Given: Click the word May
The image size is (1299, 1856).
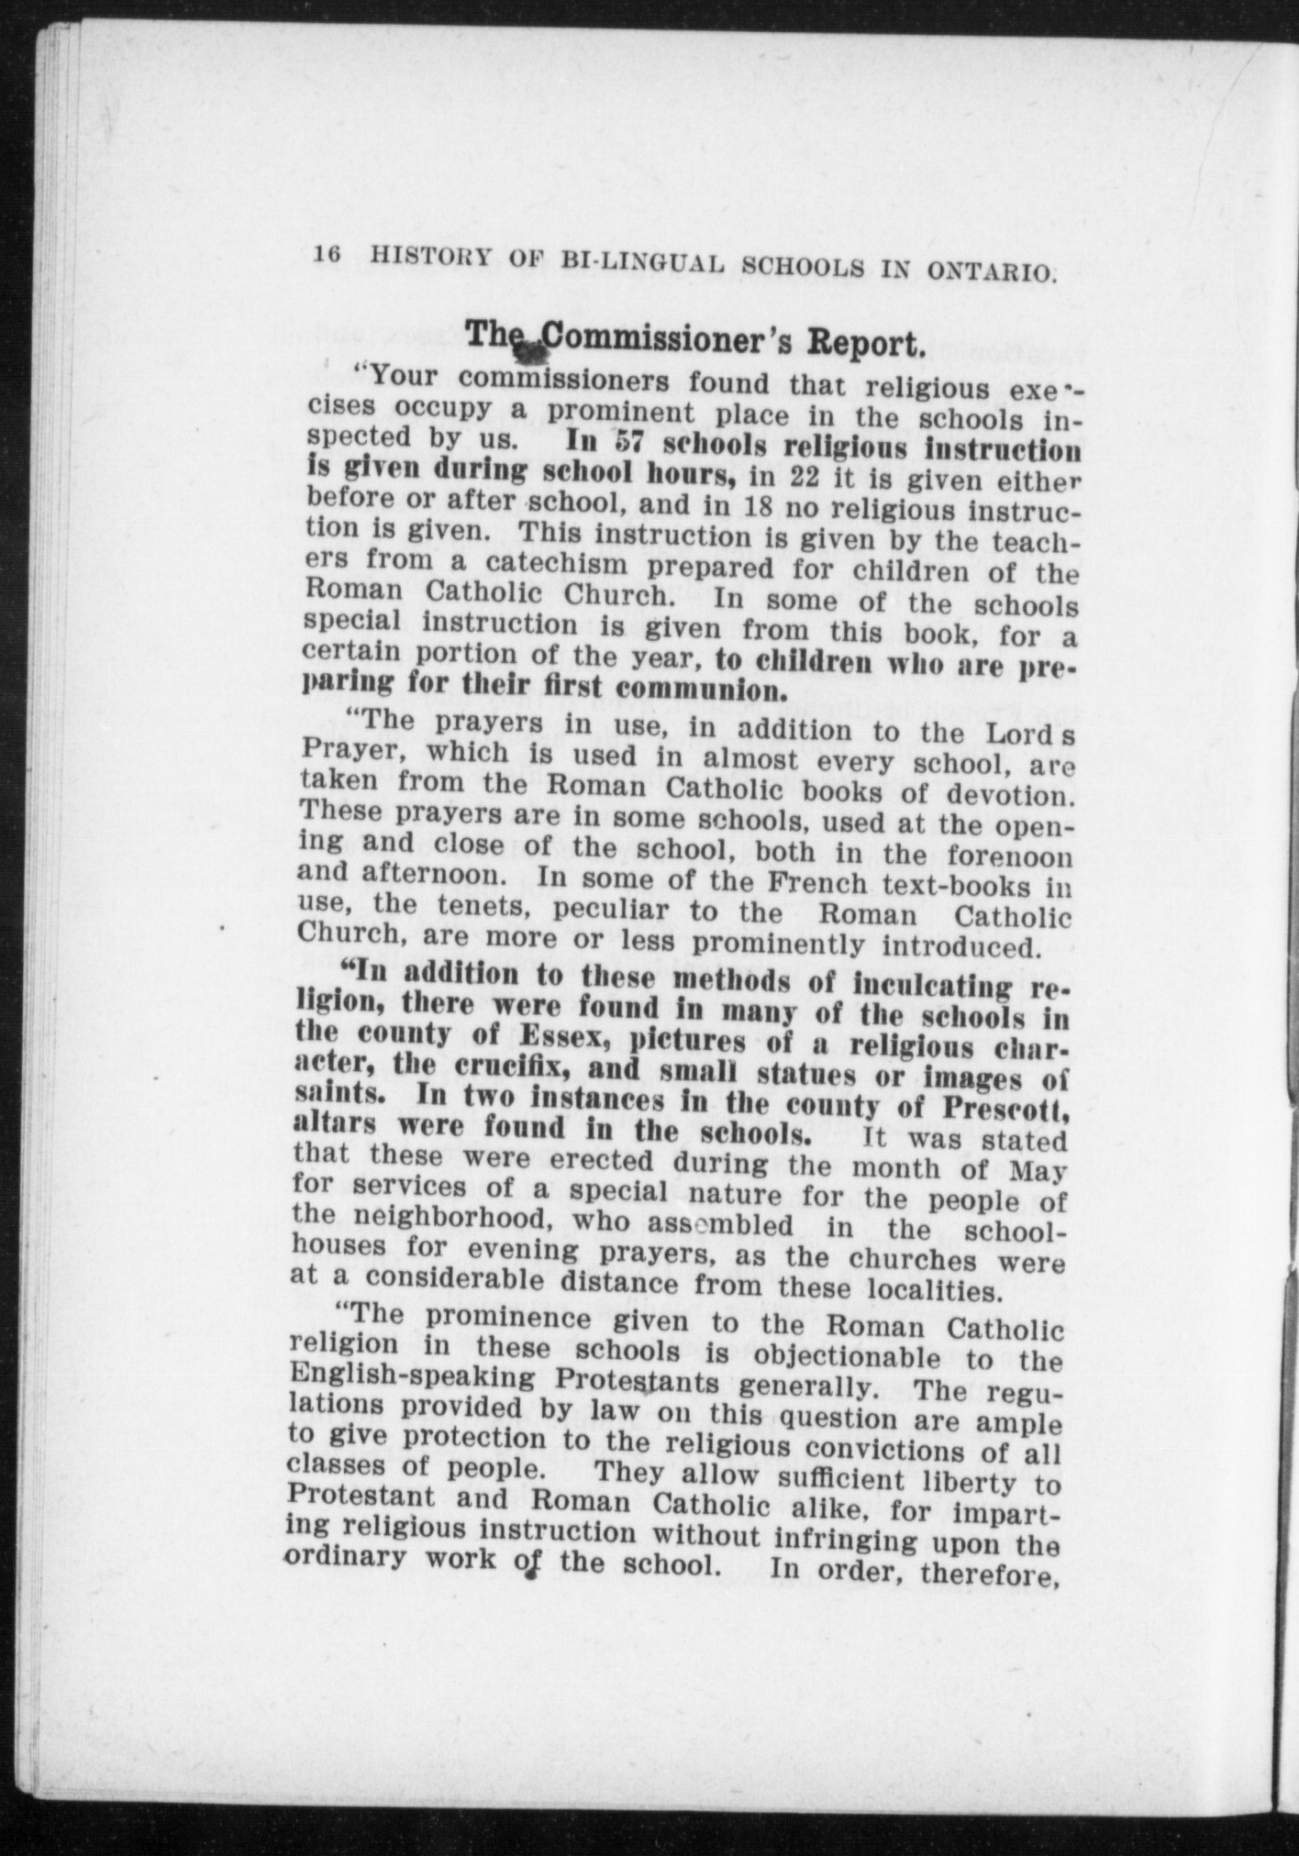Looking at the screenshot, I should [1037, 1171].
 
